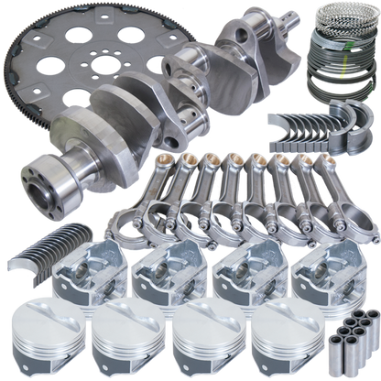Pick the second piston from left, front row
(127, 334)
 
